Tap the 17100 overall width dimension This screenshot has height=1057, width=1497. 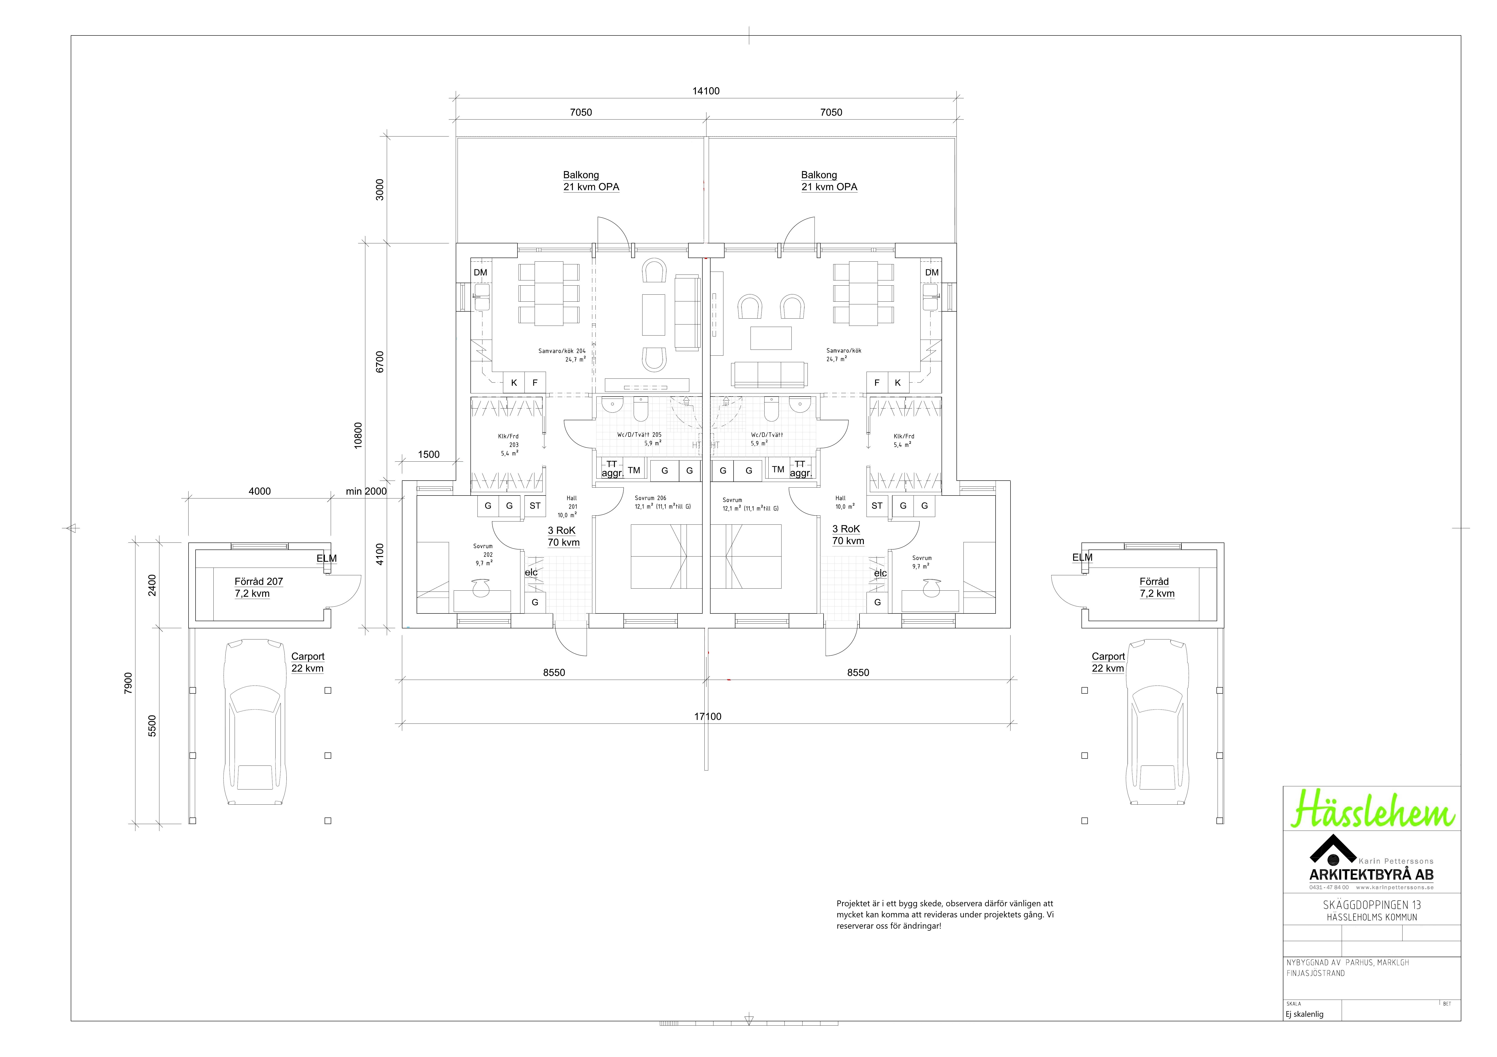coord(707,717)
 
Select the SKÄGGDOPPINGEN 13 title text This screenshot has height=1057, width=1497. coord(1372,905)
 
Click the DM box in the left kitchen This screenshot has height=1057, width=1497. coord(481,272)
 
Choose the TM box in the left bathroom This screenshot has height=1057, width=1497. coord(634,470)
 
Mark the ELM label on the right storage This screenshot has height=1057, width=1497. coord(1082,557)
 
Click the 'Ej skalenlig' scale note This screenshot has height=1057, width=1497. coord(1305,1014)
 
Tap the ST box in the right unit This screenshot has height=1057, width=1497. coord(877,506)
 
